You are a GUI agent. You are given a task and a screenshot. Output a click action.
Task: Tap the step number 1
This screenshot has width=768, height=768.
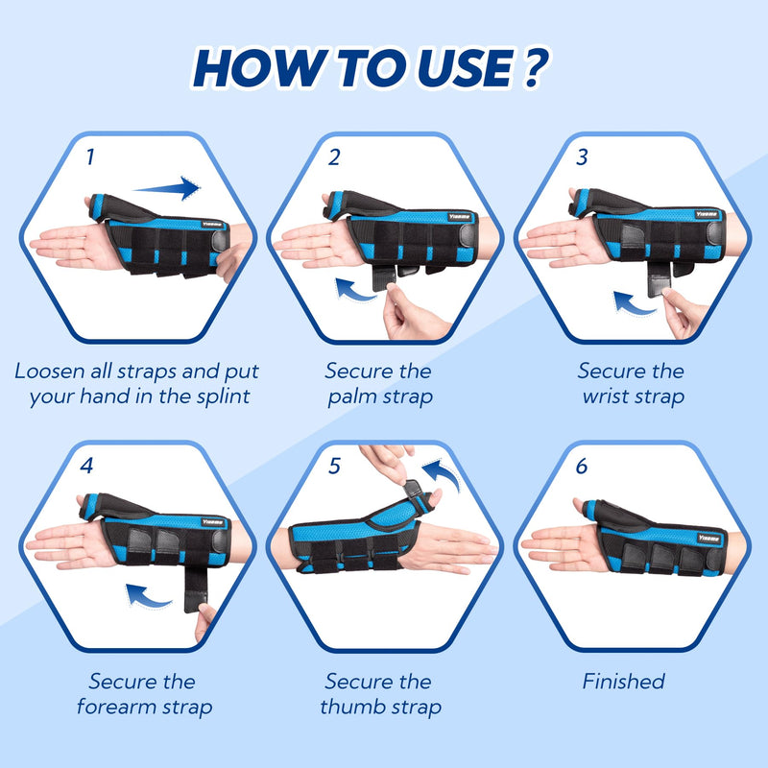click(90, 156)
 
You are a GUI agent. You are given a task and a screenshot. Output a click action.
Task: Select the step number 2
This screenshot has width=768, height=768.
click(334, 157)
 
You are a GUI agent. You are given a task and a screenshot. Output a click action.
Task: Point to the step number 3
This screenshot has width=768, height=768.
click(582, 156)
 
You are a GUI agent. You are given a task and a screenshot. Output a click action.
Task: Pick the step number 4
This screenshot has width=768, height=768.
click(86, 466)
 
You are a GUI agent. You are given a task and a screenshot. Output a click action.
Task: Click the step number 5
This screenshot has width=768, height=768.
click(334, 466)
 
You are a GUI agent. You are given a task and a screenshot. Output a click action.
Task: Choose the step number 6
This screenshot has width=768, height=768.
click(582, 466)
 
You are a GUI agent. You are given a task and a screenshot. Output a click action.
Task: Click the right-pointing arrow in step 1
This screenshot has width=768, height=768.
click(166, 188)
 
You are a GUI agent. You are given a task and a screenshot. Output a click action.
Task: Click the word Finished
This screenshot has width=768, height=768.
click(623, 682)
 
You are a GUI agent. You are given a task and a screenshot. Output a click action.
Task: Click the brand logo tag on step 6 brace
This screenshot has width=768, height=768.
click(708, 539)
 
